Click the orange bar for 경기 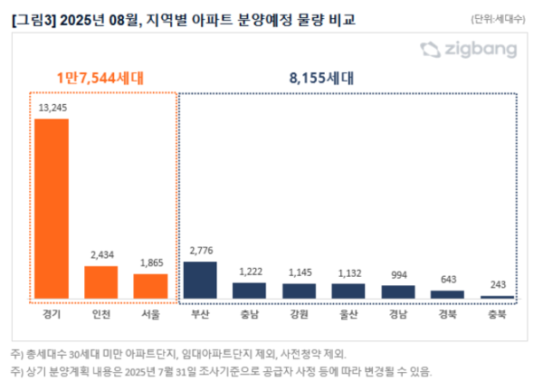click(52, 208)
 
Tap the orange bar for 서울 click(150, 286)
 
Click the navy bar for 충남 click(250, 291)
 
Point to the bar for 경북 click(447, 294)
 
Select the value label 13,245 click(52, 109)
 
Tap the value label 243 click(497, 284)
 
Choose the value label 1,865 click(150, 262)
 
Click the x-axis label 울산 click(348, 315)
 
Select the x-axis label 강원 click(299, 315)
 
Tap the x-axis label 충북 click(497, 315)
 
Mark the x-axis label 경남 click(397, 315)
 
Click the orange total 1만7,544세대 click(100, 78)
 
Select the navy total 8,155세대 click(348, 78)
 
